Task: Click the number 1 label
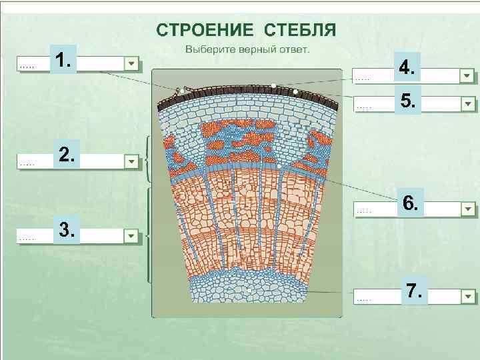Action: point(63,61)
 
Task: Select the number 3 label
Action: point(67,230)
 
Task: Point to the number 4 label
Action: point(407,67)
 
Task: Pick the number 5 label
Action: point(407,101)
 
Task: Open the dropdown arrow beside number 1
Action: point(131,64)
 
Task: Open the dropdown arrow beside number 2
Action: point(131,162)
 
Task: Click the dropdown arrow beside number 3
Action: point(131,236)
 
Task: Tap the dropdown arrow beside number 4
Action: point(467,75)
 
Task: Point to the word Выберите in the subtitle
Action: point(209,49)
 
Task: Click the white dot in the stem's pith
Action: point(248,291)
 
